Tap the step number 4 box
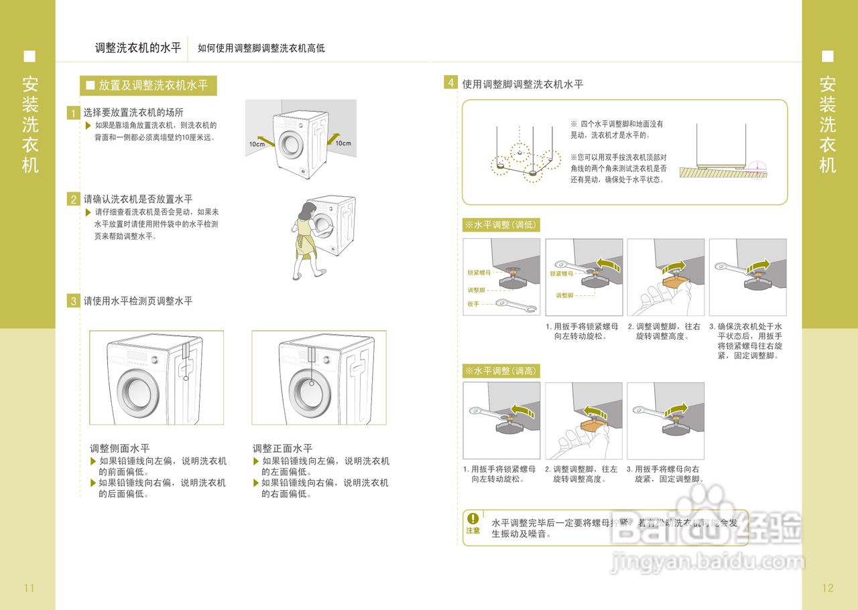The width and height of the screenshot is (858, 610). [450, 83]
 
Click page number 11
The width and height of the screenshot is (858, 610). [29, 588]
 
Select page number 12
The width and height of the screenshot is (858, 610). [828, 588]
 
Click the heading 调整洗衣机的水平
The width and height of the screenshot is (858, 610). [138, 48]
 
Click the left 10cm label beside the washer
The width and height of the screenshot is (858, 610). [257, 144]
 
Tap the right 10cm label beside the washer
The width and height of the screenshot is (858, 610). [343, 143]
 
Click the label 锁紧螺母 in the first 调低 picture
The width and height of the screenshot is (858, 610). [479, 273]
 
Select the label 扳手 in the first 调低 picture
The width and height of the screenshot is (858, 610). [473, 304]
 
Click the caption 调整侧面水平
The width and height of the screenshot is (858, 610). [120, 448]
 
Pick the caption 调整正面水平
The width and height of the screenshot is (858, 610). [282, 448]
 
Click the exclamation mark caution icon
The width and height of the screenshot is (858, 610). [473, 518]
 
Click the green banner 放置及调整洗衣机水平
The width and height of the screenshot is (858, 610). [148, 85]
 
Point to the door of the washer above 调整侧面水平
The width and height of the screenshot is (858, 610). [139, 390]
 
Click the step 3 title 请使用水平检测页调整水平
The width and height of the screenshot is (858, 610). [138, 301]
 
